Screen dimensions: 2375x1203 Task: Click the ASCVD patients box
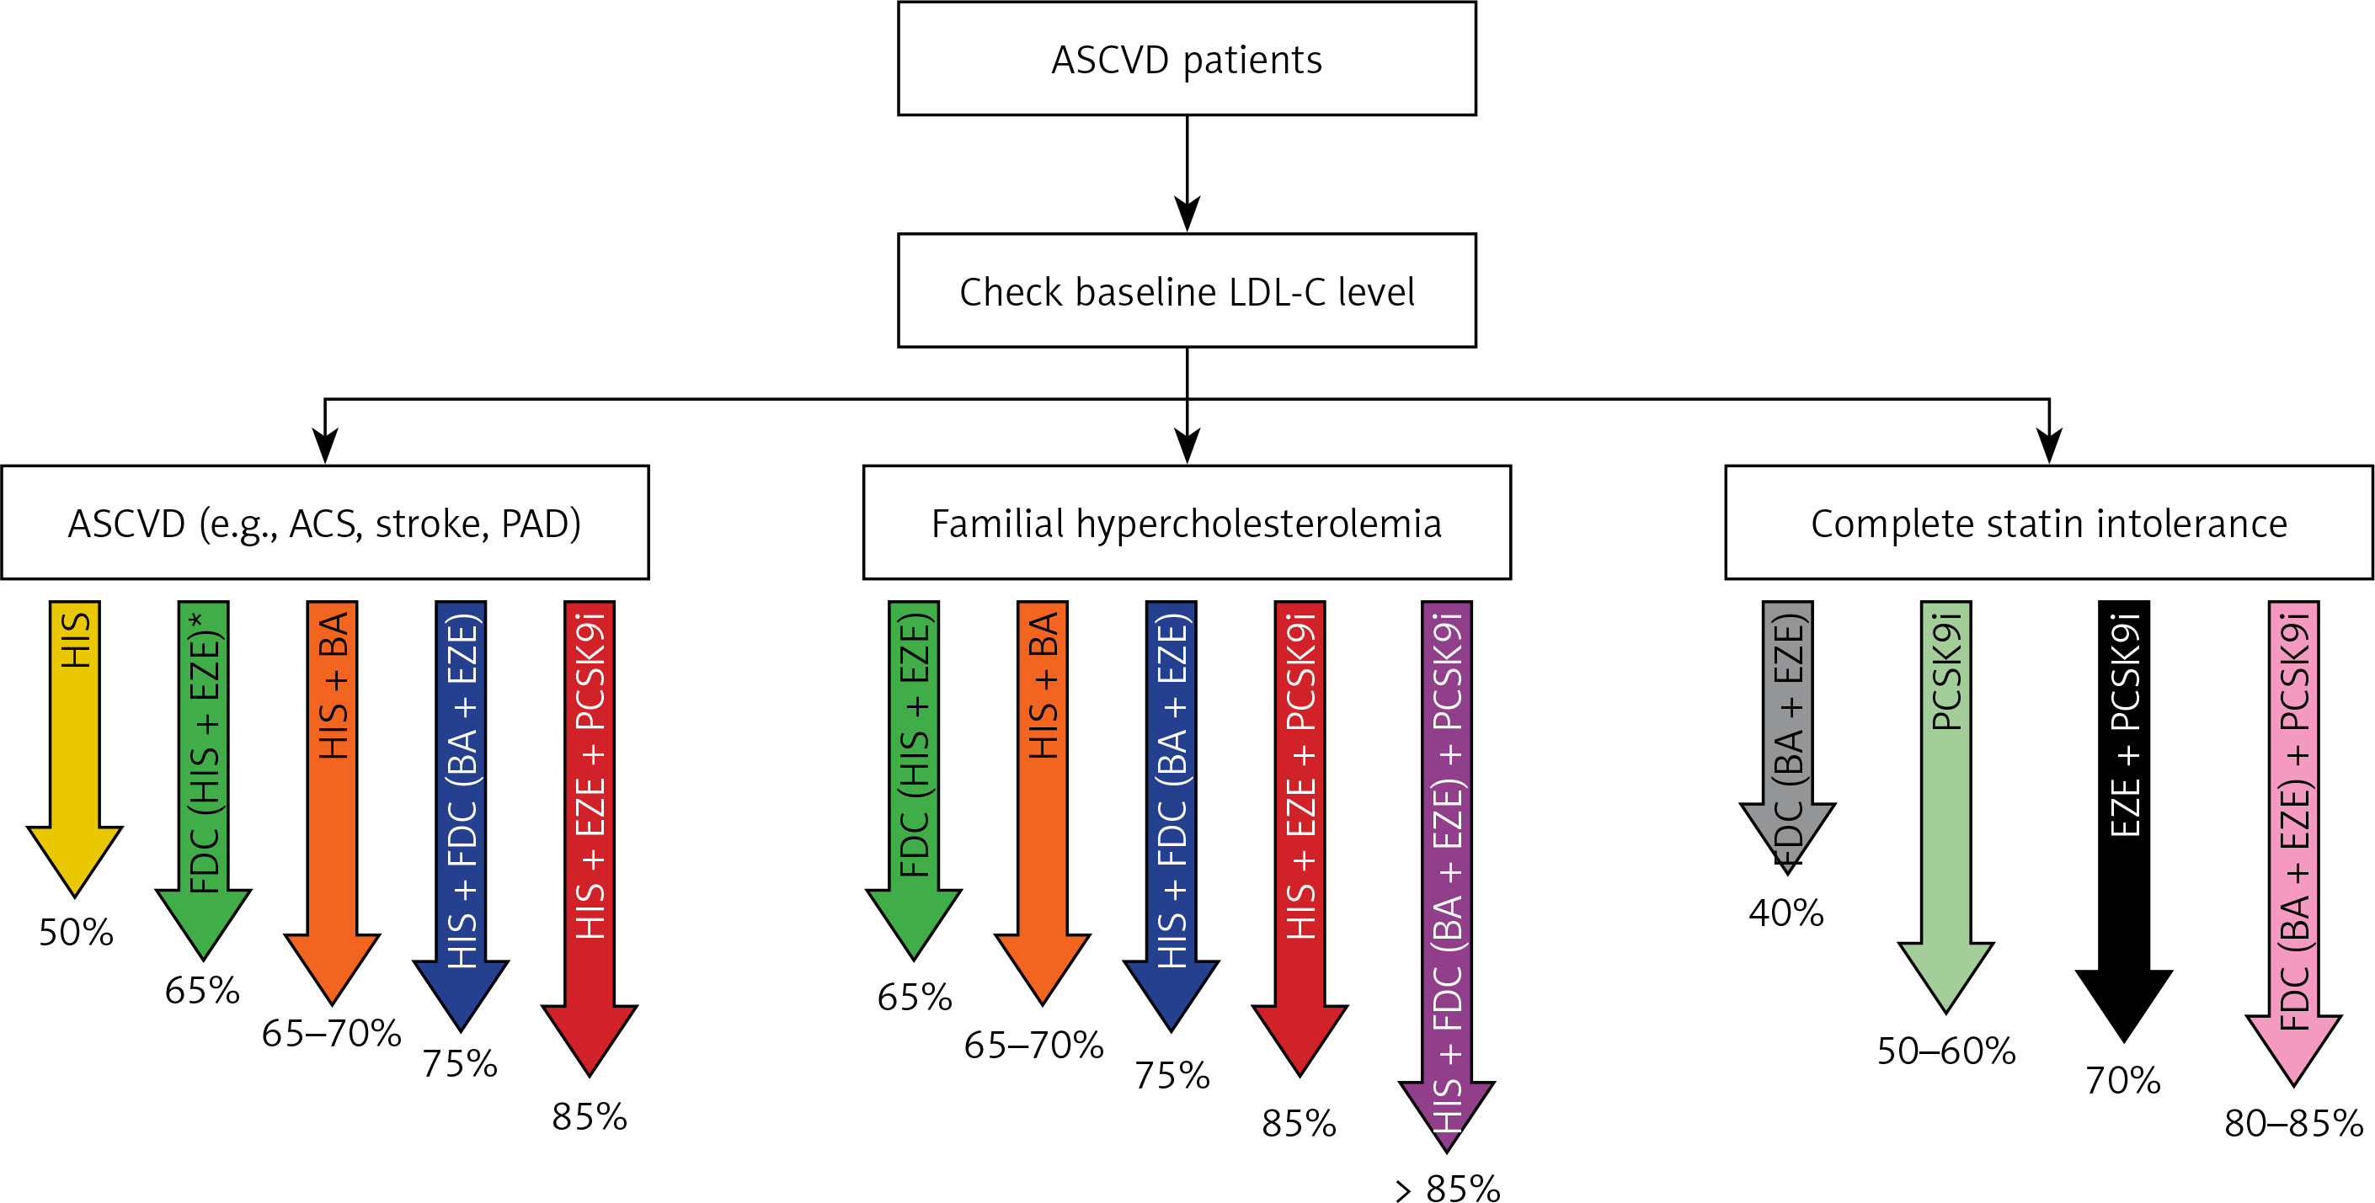point(1187,59)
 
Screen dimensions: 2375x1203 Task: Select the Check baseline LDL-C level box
point(1187,290)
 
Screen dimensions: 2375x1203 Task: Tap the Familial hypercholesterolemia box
point(1187,523)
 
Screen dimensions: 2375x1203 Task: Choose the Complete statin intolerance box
point(2048,523)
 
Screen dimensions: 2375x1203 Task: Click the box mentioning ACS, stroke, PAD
point(324,523)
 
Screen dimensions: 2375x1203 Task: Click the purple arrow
point(1447,876)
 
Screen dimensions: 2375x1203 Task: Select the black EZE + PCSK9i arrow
point(2124,821)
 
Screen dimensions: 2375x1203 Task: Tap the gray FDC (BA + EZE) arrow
point(1788,737)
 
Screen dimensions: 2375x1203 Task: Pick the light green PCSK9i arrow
point(1946,806)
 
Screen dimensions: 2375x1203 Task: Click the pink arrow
point(2294,844)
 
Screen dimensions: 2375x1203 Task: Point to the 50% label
point(76,932)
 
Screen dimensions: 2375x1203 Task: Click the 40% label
point(1785,913)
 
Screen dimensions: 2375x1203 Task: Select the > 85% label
point(1448,1187)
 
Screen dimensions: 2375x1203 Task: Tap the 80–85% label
point(2294,1123)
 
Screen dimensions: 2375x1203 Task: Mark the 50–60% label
point(1946,1050)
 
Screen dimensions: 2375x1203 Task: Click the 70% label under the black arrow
point(2123,1079)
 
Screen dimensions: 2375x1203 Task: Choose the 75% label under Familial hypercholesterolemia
point(1171,1075)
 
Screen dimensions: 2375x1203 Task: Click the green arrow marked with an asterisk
point(204,779)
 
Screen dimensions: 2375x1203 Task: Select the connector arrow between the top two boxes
point(1187,173)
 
